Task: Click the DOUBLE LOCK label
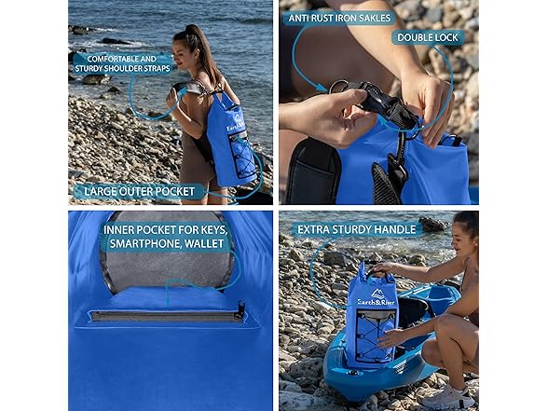[x=427, y=37]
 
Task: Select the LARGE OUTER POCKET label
[x=139, y=191]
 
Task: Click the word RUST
[x=328, y=17]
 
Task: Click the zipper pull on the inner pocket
[x=240, y=308]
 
